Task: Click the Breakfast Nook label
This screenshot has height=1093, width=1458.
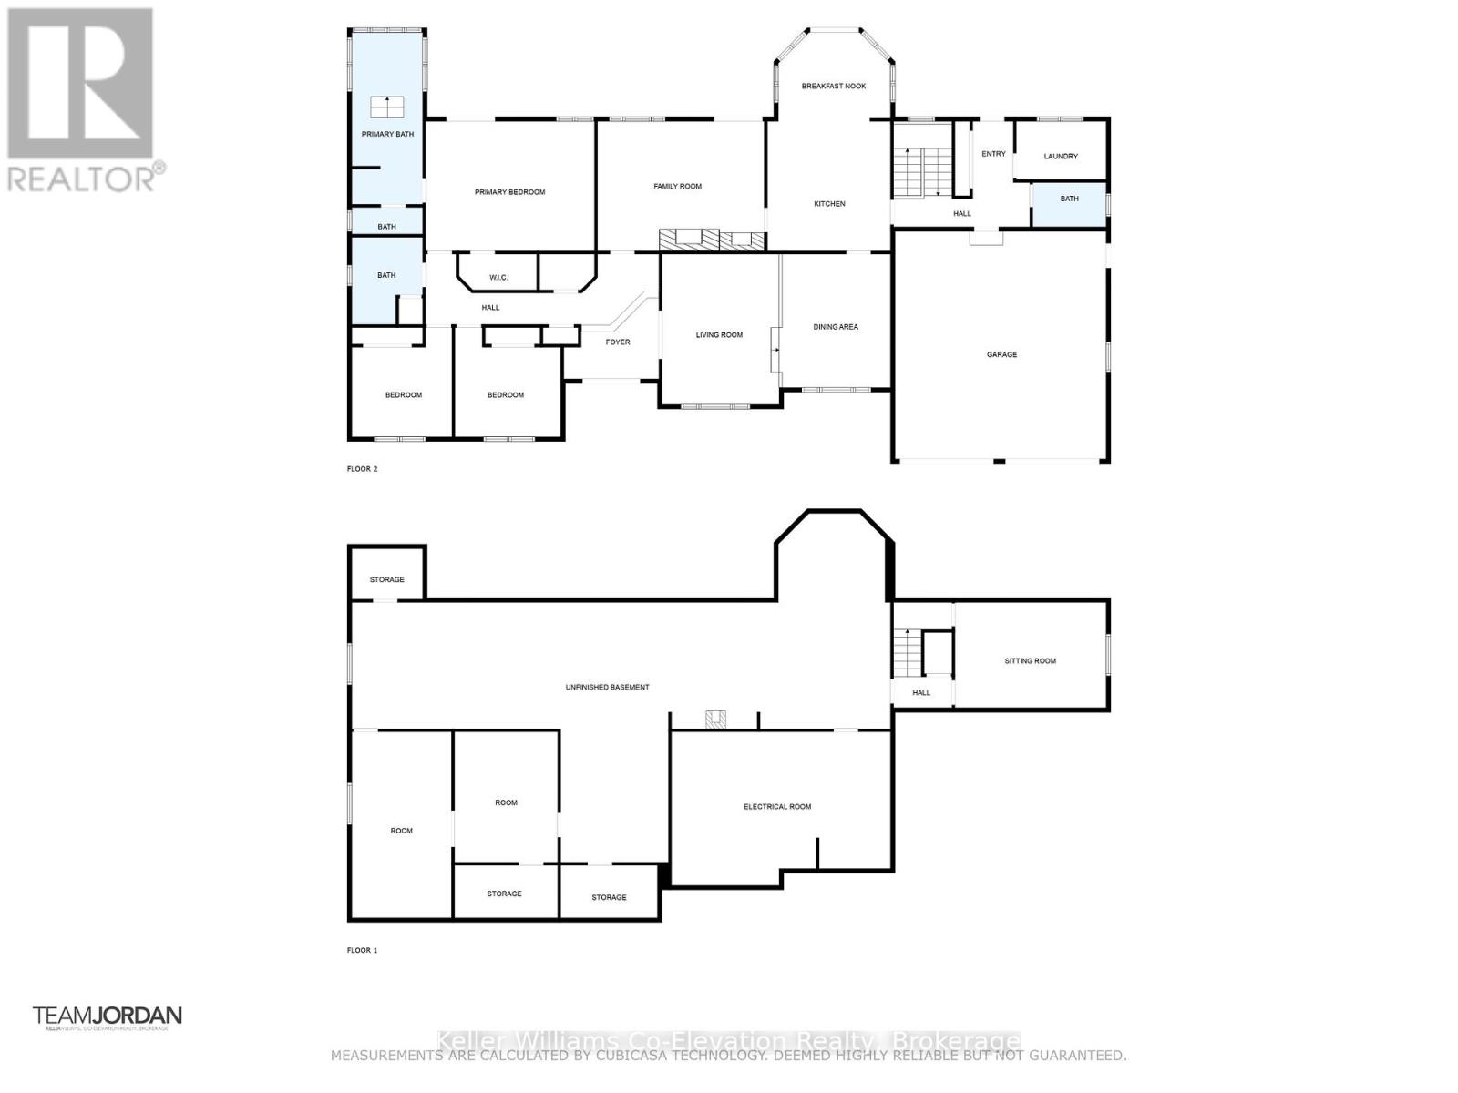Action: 833,86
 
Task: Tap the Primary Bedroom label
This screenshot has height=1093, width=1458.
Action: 509,192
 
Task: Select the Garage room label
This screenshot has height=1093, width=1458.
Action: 1001,354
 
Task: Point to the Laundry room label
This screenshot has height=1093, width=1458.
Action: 1061,157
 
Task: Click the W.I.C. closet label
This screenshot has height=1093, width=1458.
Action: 498,277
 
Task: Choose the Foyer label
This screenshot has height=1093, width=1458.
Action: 618,342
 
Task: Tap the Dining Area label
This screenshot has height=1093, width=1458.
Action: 836,327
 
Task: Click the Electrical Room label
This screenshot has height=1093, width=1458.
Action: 776,807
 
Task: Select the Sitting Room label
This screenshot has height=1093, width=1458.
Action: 1030,661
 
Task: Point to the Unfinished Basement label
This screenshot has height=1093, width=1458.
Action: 607,688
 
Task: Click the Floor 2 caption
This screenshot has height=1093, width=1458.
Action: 362,469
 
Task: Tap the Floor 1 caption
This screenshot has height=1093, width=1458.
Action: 362,950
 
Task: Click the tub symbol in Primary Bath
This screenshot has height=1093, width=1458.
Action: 387,107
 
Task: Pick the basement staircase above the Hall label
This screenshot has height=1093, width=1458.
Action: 907,652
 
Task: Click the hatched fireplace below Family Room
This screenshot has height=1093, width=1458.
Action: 712,240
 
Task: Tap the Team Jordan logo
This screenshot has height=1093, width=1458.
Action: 108,1016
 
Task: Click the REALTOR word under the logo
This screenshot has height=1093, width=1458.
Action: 82,179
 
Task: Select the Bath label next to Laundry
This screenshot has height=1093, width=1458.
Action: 1069,199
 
